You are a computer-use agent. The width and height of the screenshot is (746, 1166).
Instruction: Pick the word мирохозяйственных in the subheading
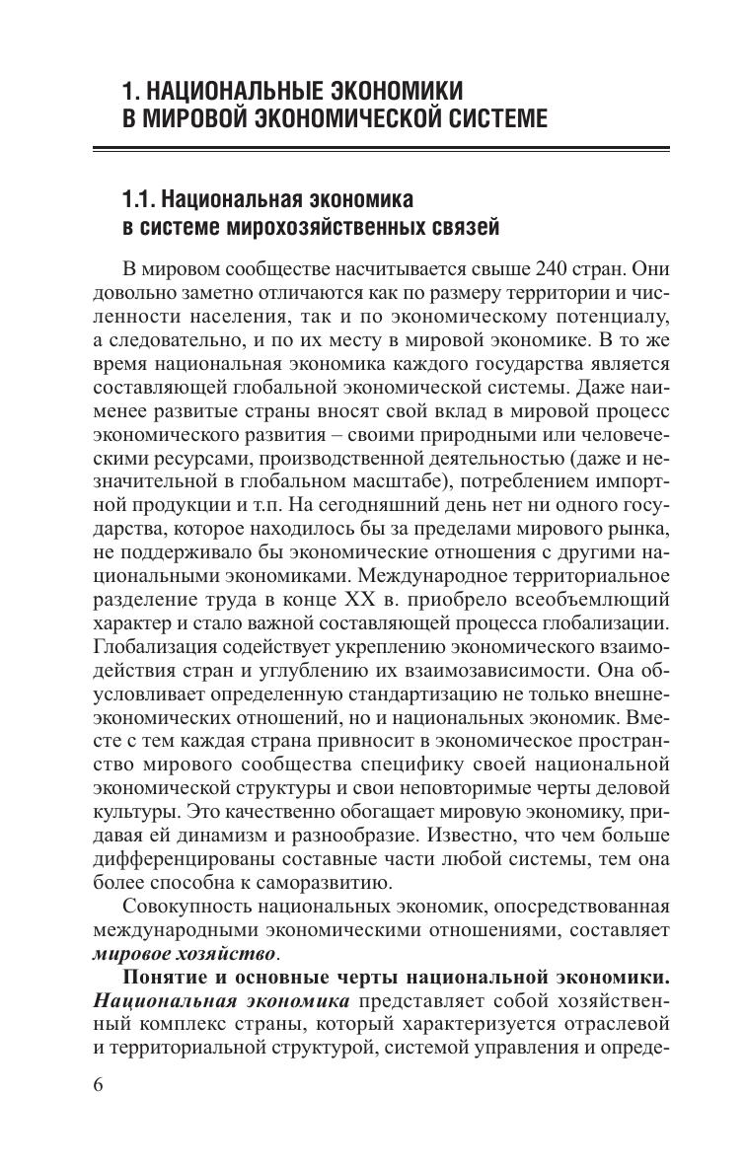(310, 228)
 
